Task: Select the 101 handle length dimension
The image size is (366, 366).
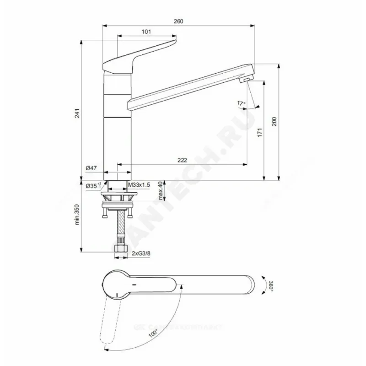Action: [146, 32]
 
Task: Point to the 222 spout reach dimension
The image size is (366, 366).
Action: [182, 160]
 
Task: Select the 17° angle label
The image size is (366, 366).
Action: [242, 103]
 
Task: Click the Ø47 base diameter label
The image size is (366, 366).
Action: [91, 169]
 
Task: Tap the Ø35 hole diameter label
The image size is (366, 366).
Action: [93, 186]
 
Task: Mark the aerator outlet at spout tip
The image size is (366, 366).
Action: [245, 80]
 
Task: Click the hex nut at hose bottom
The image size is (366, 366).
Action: [120, 249]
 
